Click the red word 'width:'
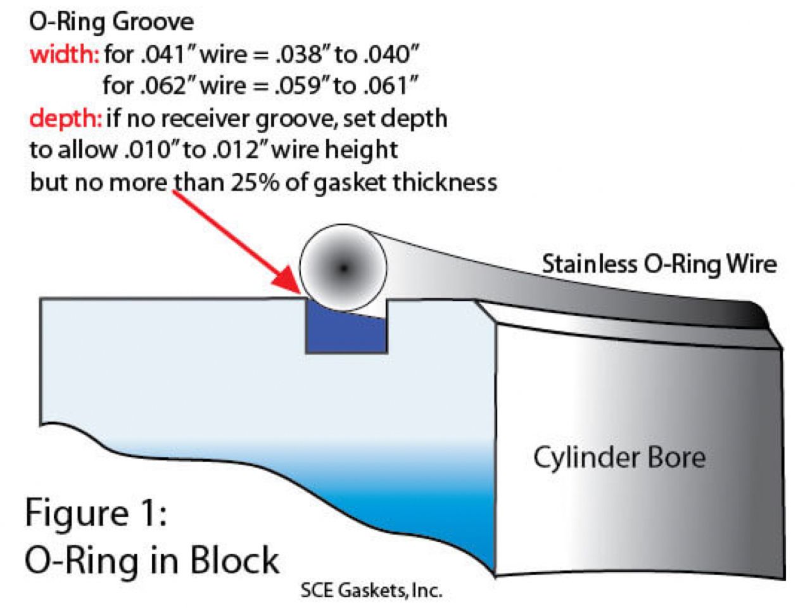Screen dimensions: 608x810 pyautogui.click(x=63, y=55)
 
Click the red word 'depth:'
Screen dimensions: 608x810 pyautogui.click(x=65, y=119)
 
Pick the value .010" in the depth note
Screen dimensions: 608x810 pyautogui.click(x=146, y=151)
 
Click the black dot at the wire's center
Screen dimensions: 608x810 pyautogui.click(x=343, y=268)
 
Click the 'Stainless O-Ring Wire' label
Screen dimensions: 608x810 pyautogui.click(x=659, y=264)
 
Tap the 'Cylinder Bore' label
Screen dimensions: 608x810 pyautogui.click(x=619, y=457)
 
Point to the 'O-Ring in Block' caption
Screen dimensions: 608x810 pyautogui.click(x=152, y=559)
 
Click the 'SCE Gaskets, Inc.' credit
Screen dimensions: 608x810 pyautogui.click(x=370, y=592)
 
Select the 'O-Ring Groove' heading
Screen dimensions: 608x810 pyautogui.click(x=111, y=23)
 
